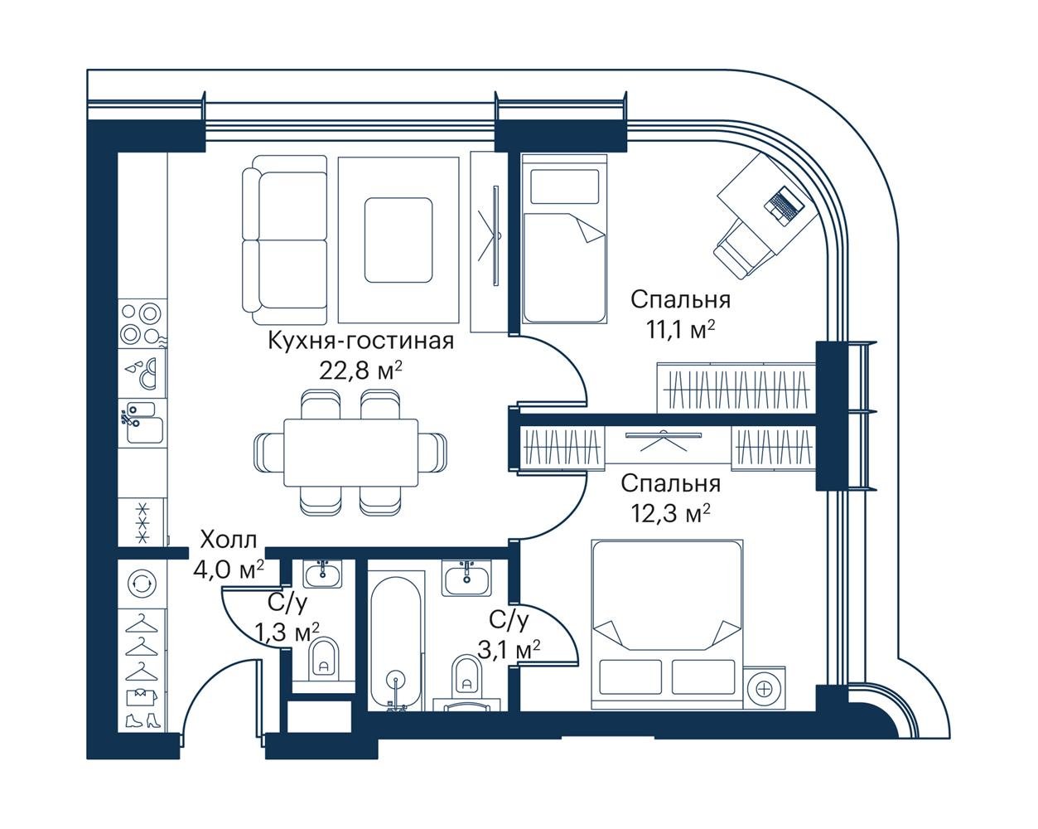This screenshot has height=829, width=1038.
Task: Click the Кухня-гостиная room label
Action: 361,342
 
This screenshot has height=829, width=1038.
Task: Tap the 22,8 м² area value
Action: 360,371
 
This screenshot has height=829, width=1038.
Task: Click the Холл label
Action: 229,540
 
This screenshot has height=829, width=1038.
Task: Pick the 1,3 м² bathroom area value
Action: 287,632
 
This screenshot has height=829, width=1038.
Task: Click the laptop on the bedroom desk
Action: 785,205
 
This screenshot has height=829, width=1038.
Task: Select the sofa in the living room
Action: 285,240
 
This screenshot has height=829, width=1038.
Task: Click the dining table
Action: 350,453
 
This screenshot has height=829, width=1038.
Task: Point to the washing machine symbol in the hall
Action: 142,584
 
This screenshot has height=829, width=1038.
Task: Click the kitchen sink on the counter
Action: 142,423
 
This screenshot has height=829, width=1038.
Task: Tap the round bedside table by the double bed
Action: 764,688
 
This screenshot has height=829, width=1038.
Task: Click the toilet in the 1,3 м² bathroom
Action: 323,658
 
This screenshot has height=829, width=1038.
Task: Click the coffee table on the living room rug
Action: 398,240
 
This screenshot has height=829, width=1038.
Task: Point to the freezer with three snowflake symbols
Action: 142,523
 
